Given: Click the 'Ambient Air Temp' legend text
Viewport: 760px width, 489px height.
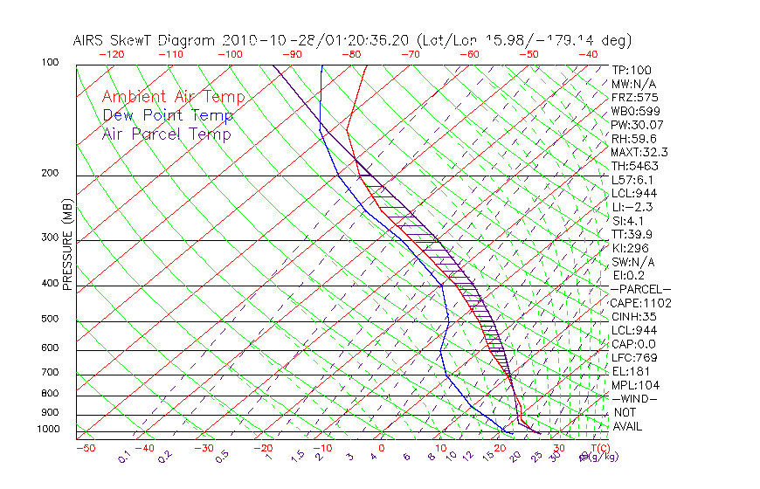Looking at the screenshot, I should [173, 97].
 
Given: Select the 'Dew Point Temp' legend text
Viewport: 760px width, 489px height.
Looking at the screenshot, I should [168, 115].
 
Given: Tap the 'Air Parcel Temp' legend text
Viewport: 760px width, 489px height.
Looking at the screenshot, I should [166, 134].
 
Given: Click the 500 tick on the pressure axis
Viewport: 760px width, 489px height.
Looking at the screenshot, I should [50, 320].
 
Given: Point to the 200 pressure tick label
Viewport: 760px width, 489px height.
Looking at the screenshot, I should [50, 174].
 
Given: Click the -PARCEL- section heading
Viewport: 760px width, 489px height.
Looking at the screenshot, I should [641, 289].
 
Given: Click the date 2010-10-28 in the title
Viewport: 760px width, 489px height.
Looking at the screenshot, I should [261, 40].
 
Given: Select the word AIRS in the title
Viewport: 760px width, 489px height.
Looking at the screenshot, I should [90, 40].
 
